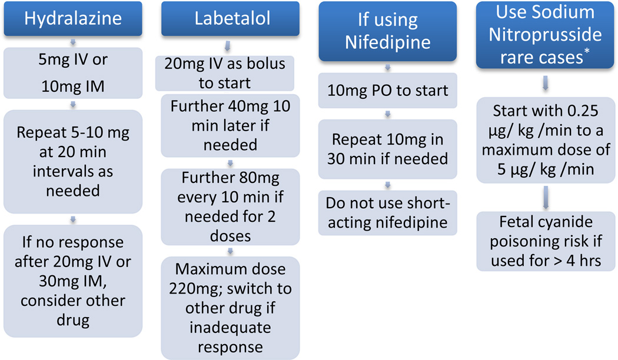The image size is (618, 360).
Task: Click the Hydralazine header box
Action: [x=72, y=18]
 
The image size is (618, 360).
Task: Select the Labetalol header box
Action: [x=232, y=18]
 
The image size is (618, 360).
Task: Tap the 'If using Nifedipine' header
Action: [x=388, y=31]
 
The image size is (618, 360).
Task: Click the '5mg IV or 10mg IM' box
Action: [x=72, y=73]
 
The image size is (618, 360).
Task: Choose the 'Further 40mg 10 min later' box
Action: [x=230, y=125]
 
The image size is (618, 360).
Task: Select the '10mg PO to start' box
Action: [x=388, y=90]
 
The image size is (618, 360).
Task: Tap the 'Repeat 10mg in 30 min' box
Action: [x=388, y=149]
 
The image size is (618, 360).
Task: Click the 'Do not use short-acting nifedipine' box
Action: [x=388, y=213]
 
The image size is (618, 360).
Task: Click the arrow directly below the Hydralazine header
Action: [x=72, y=42]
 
